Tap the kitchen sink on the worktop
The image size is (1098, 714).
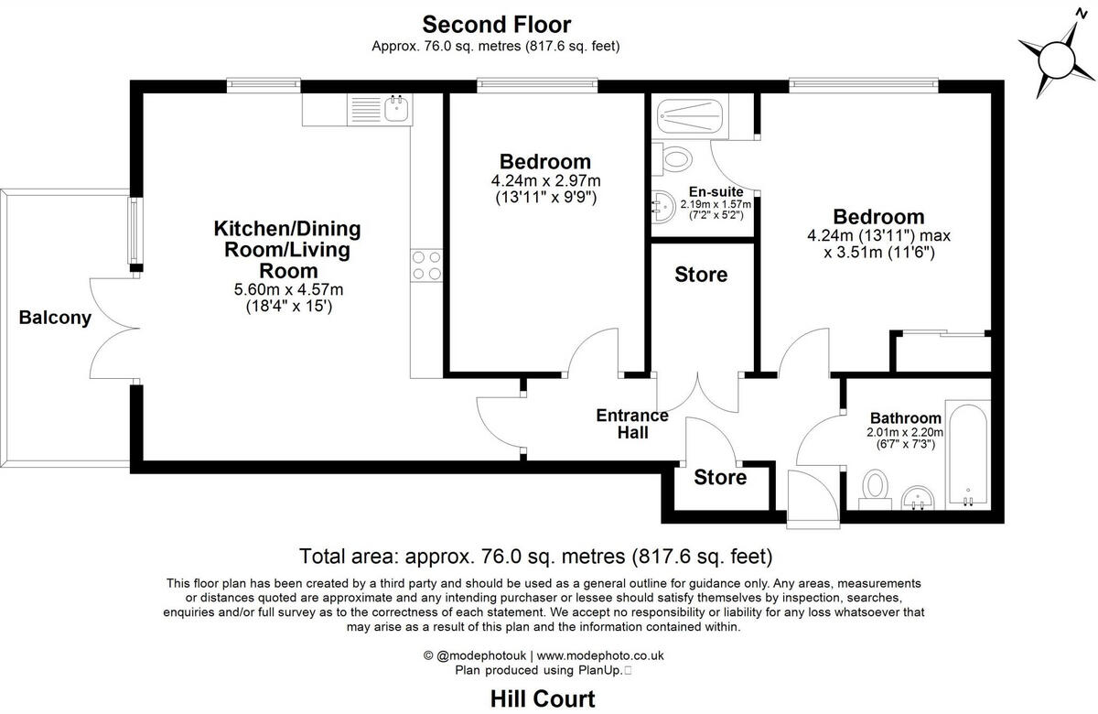coord(396,110)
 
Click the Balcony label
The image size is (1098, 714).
coord(56,319)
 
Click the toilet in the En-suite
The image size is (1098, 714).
coord(674,158)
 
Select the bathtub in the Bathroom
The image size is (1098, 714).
coord(965,453)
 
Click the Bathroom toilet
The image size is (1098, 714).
coord(877,488)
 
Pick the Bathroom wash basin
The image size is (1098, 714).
coord(919,497)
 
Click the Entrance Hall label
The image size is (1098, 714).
coord(632,423)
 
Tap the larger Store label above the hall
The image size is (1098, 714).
coord(701,275)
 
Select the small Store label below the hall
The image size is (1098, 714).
coord(720,477)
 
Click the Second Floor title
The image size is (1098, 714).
coord(496,24)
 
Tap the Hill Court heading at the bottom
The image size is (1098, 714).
coord(543,699)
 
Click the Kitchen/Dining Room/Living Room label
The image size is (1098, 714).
coord(287,249)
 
